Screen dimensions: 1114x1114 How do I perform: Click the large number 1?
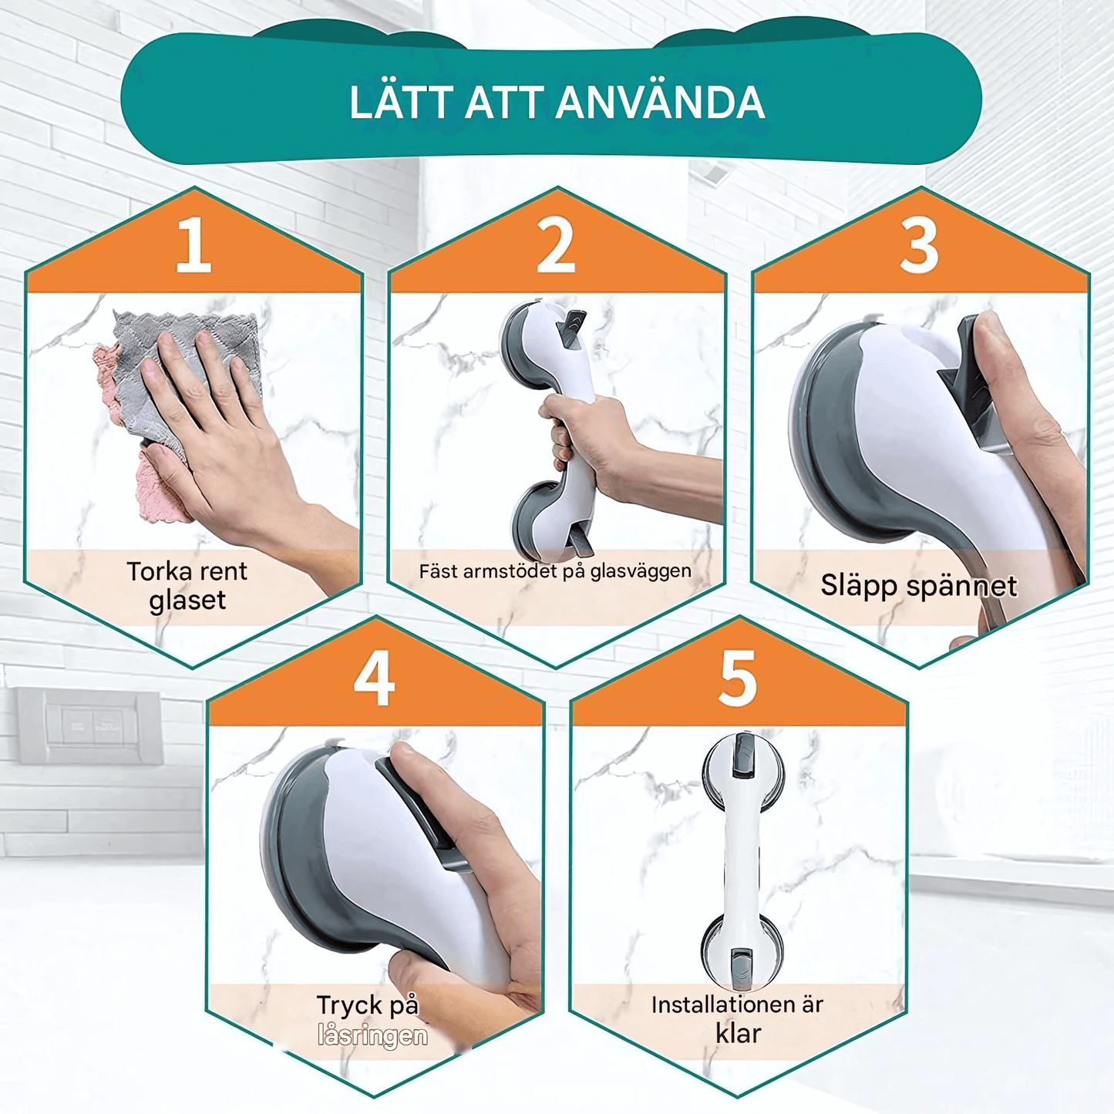(193, 245)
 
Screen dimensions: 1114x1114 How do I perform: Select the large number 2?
(556, 245)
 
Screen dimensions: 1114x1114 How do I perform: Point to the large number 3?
(919, 245)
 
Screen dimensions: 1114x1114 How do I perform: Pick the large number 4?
(375, 678)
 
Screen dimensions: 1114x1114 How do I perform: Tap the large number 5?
(738, 678)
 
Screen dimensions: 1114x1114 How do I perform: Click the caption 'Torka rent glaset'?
(187, 585)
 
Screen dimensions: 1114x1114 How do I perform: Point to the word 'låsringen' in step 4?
(372, 1035)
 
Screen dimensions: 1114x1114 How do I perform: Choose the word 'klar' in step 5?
(738, 1033)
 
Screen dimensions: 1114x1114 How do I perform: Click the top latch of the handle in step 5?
(742, 756)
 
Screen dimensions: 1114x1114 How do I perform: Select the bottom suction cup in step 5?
(742, 952)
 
